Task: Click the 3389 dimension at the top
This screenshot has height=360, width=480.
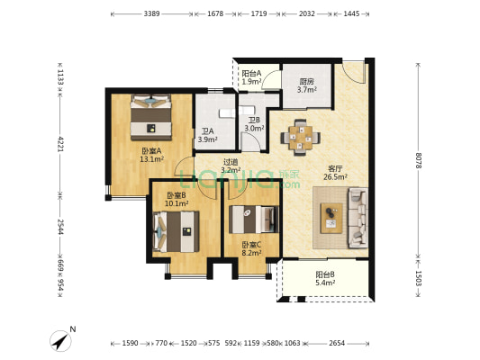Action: click(152, 13)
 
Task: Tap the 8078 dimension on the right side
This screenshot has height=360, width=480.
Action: click(418, 160)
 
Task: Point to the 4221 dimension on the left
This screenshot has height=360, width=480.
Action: click(60, 144)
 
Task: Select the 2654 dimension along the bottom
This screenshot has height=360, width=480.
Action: click(337, 343)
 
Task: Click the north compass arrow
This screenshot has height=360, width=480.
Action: click(60, 341)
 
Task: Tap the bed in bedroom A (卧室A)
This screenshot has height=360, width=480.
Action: click(151, 118)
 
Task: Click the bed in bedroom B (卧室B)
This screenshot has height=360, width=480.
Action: click(176, 231)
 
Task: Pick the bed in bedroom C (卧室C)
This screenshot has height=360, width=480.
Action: click(254, 220)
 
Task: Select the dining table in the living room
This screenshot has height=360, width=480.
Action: click(300, 138)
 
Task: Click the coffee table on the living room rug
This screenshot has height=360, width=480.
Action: click(331, 218)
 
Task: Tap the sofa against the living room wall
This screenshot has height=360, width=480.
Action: click(358, 218)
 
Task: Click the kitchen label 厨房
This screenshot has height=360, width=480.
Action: click(306, 82)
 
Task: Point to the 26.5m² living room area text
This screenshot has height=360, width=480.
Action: click(335, 176)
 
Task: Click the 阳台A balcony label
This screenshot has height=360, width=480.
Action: click(251, 74)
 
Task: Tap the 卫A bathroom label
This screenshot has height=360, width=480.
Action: click(207, 131)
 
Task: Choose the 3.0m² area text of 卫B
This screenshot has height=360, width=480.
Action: click(254, 129)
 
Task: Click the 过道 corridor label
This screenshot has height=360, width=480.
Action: click(231, 162)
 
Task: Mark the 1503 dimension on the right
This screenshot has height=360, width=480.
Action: click(418, 278)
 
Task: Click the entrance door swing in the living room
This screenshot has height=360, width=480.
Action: click(355, 74)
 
